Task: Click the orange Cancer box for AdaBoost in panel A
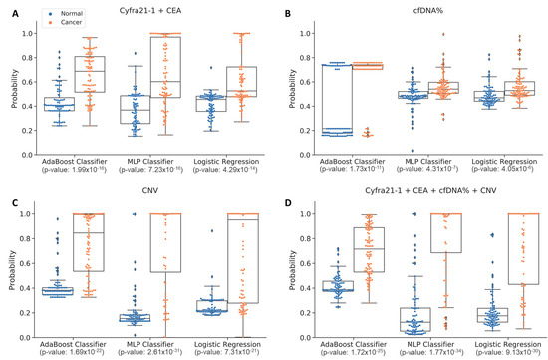(x=90, y=75)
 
